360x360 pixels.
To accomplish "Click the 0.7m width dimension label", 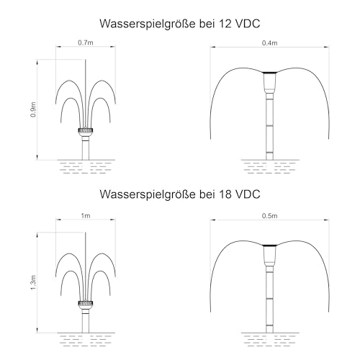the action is pyautogui.click(x=86, y=42).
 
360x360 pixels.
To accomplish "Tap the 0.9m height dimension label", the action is pyautogui.click(x=33, y=109).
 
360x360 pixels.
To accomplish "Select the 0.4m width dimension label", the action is pyautogui.click(x=269, y=43).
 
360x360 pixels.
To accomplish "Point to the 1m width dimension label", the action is pyautogui.click(x=86, y=216).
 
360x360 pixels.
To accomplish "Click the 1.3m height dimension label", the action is pyautogui.click(x=33, y=282).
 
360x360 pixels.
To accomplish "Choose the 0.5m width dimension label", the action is pyautogui.click(x=269, y=216).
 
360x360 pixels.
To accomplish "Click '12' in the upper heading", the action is pyautogui.click(x=225, y=24).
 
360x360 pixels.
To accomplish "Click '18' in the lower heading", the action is pyautogui.click(x=225, y=194).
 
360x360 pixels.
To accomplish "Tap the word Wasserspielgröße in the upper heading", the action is pyautogui.click(x=148, y=24).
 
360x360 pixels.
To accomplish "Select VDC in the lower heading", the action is pyautogui.click(x=248, y=194).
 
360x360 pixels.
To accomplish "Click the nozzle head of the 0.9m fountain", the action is pyautogui.click(x=86, y=131).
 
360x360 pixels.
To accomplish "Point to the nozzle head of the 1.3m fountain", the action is pyautogui.click(x=86, y=304).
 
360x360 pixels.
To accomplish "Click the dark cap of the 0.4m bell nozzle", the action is pyautogui.click(x=269, y=72).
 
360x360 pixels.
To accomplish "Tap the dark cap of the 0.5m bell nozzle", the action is pyautogui.click(x=269, y=246).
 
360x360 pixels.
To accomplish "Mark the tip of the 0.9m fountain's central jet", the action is pyautogui.click(x=86, y=60).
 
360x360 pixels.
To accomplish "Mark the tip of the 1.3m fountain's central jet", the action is pyautogui.click(x=86, y=233).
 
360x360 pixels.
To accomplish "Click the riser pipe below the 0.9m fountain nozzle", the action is pyautogui.click(x=86, y=148).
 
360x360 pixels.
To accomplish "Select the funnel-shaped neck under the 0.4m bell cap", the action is pyautogui.click(x=269, y=83).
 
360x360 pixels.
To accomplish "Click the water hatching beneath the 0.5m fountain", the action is pyautogui.click(x=270, y=341).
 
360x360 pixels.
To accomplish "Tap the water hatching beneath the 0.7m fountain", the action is pyautogui.click(x=86, y=168).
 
